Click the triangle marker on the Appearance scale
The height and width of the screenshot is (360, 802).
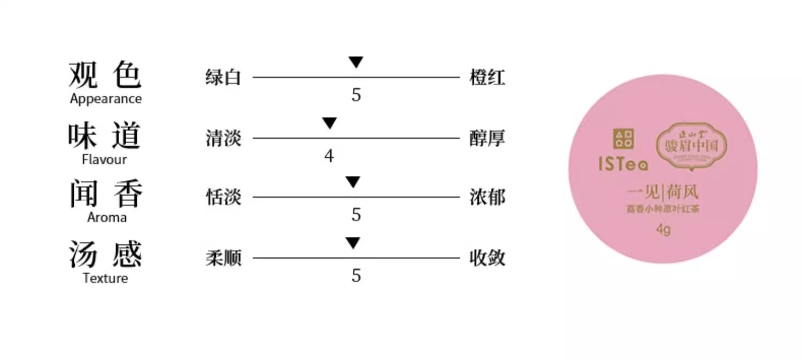(x=356, y=62)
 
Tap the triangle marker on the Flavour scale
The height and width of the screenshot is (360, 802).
(x=329, y=123)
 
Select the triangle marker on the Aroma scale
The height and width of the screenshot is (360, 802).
(x=352, y=182)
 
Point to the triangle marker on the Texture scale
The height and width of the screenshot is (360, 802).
(x=352, y=243)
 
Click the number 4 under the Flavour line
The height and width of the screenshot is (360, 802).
(x=329, y=156)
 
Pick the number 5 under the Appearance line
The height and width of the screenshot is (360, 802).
(x=356, y=95)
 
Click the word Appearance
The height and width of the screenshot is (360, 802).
(x=106, y=99)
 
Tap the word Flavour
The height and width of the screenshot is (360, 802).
(x=105, y=159)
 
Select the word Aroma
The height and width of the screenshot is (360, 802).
(x=107, y=217)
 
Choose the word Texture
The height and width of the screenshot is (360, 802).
(x=106, y=278)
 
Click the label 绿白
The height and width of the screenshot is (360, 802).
(x=223, y=78)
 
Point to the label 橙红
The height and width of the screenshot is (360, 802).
(x=487, y=78)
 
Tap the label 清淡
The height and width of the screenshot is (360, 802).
(x=223, y=139)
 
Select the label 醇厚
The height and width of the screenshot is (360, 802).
(x=487, y=139)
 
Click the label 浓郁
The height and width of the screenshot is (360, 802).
(x=487, y=197)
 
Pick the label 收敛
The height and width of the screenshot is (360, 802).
(x=487, y=258)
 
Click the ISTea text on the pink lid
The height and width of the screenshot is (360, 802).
(x=623, y=164)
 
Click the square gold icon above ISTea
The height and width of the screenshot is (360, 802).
(x=623, y=139)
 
